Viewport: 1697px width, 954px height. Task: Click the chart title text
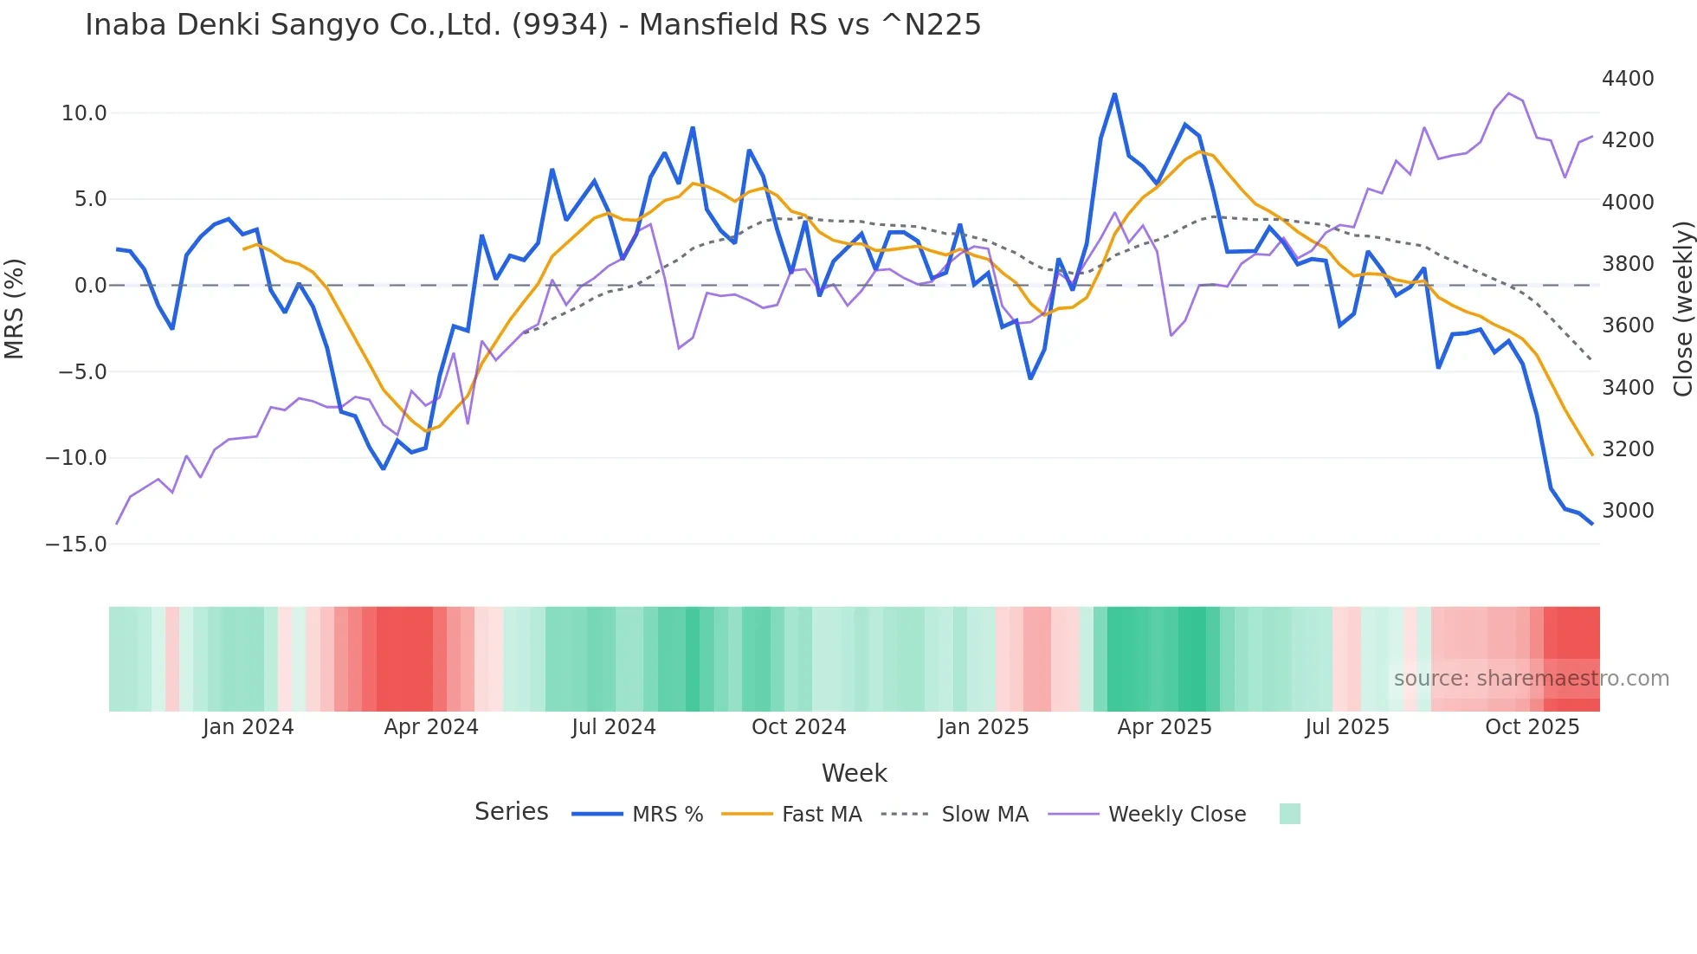coord(532,25)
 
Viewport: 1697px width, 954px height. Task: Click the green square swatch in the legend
coord(1289,814)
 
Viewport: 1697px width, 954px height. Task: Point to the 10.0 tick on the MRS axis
coord(84,113)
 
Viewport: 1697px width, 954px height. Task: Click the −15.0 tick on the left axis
coord(76,545)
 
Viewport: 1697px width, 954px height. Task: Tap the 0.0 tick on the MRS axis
coord(90,286)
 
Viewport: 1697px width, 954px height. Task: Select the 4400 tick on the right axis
coord(1628,79)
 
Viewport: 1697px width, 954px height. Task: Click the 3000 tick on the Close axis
coord(1628,511)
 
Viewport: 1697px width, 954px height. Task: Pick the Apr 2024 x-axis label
coord(431,727)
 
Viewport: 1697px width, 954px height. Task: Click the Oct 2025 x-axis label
coord(1532,727)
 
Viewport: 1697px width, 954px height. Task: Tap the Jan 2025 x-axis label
coord(983,727)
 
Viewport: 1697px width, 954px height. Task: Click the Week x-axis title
coord(854,773)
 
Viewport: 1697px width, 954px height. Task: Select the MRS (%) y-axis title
coord(15,308)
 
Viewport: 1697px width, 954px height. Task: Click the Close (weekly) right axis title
coord(1682,308)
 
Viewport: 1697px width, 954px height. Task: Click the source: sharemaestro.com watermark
coord(1531,679)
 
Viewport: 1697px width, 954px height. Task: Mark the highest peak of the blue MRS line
coord(1114,93)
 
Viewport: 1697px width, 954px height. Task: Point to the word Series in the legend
coord(511,812)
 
